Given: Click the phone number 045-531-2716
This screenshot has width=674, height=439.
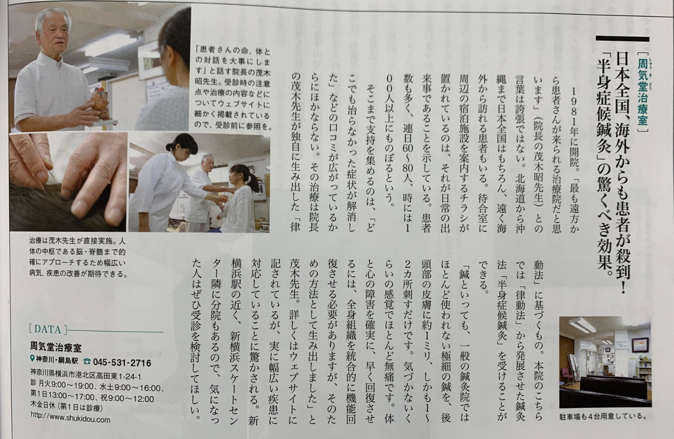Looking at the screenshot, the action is point(122,363).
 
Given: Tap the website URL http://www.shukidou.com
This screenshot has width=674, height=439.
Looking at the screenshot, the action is point(70,419).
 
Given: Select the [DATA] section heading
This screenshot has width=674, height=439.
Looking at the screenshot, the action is point(48,329).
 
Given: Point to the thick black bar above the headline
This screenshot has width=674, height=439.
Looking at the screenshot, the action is point(622,39).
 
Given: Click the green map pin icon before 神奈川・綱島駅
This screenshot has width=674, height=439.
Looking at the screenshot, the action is point(33,358).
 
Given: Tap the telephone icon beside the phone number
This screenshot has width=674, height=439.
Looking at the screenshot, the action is point(87,361).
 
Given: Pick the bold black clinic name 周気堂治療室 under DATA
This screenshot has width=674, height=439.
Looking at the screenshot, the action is point(56,347).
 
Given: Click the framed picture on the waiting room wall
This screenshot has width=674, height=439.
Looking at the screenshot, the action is point(640,345).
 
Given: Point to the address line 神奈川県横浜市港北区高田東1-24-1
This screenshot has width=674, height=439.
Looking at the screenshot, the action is point(86,377).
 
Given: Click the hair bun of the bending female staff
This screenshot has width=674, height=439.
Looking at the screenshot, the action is point(170,148).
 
